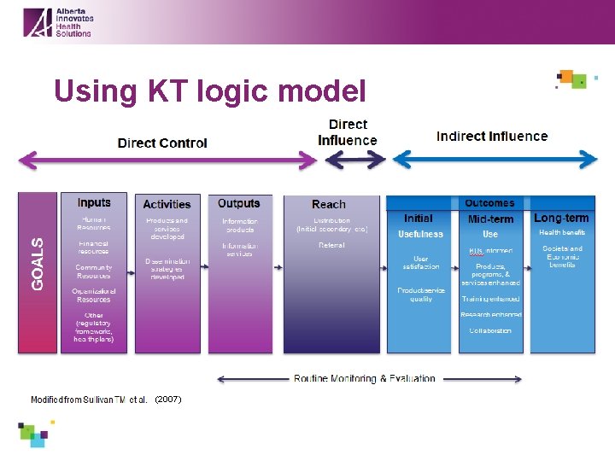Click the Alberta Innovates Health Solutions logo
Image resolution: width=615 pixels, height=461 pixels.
pos(57,21)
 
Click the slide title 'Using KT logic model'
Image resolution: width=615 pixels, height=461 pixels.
pos(209,90)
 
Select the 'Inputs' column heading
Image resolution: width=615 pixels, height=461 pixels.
pos(94,202)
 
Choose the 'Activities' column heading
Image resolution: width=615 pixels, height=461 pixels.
pos(167,204)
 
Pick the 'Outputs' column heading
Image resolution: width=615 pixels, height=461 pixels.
pos(238,203)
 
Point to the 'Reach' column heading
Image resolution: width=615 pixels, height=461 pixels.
pos(329,204)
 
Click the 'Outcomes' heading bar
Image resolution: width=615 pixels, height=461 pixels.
pos(489,203)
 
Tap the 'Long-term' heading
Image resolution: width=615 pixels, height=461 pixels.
pos(561,219)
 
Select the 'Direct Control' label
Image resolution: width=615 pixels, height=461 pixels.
pos(162,143)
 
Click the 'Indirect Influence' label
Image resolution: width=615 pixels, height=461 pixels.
pos(492,136)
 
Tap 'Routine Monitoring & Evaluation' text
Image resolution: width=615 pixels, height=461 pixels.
pos(365,378)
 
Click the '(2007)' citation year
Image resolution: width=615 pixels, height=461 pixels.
pos(168,400)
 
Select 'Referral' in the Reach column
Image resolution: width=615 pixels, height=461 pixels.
pos(331,245)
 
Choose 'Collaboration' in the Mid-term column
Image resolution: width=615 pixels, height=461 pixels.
pos(490,330)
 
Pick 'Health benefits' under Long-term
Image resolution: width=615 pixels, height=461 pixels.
pos(562,232)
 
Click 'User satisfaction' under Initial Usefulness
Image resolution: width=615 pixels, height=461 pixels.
pos(420,262)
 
